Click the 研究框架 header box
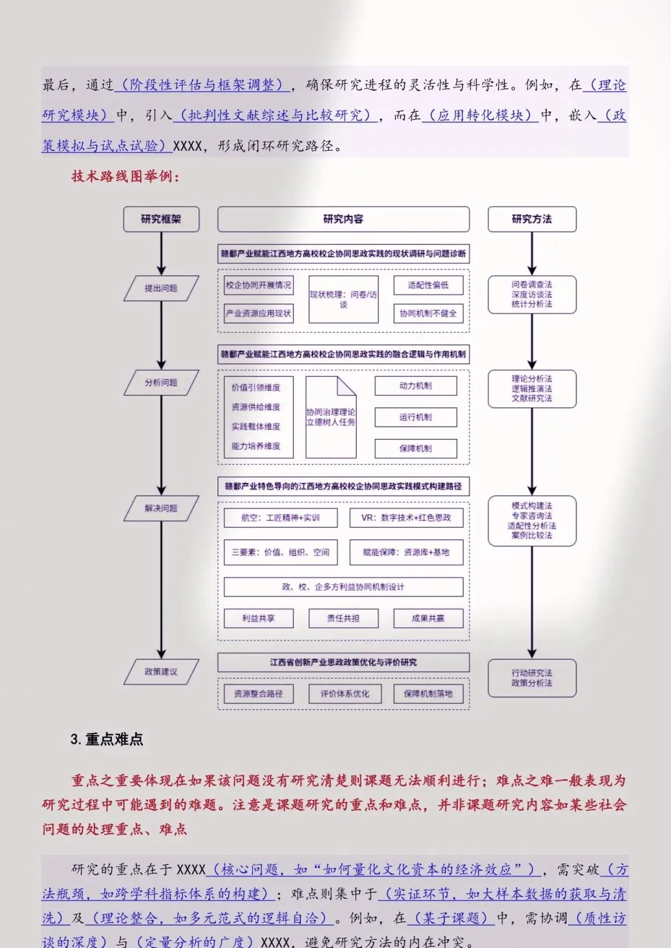[x=161, y=219]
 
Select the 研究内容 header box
[x=343, y=219]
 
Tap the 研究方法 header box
[x=532, y=219]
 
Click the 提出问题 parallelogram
[x=161, y=288]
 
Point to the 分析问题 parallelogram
[x=161, y=382]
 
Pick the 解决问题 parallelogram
[x=161, y=508]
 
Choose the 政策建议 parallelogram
[x=161, y=672]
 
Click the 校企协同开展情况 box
[x=258, y=285]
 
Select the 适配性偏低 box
[x=428, y=285]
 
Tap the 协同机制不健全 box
[x=428, y=314]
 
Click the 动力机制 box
[x=416, y=386]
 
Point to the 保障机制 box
[x=416, y=448]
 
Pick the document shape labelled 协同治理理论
[x=331, y=417]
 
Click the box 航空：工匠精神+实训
[x=281, y=518]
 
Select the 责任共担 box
[x=344, y=618]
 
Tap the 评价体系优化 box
[x=344, y=693]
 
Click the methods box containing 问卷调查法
[x=532, y=294]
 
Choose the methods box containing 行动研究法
[x=532, y=678]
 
